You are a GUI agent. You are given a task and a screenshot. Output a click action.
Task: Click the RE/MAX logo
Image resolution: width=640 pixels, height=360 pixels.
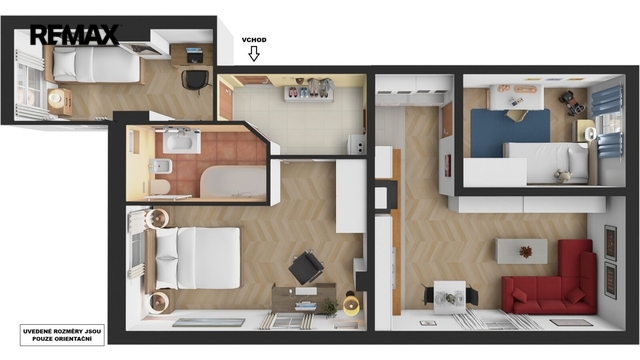pos(74,35)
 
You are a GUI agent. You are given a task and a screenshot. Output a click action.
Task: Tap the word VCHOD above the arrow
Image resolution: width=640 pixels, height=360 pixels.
pos(254,40)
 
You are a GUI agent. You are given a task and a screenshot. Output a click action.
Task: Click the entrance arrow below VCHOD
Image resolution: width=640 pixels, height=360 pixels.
pos(254,53)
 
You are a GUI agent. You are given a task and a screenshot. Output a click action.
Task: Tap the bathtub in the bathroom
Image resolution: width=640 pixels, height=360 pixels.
pos(233,182)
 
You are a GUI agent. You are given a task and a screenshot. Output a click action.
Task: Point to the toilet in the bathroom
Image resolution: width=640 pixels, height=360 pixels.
pos(160,187)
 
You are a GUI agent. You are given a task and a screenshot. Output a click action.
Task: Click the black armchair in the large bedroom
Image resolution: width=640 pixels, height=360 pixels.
pos(306,267)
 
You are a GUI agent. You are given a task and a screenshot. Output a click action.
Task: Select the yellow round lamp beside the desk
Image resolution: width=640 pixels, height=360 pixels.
pos(351,304)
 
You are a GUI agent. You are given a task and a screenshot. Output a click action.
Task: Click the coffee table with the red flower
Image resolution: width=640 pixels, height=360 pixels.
pos(521,251)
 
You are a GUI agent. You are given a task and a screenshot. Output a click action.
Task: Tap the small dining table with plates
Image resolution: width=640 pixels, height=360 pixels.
pos(449,297)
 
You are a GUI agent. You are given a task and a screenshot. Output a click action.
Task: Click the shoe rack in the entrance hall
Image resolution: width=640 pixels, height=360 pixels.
pos(309,94)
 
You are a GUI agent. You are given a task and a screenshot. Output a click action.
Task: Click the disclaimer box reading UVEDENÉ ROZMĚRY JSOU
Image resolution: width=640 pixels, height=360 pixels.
pos(62,335)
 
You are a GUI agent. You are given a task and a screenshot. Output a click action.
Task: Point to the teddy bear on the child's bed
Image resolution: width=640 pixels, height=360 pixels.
pos(563,176)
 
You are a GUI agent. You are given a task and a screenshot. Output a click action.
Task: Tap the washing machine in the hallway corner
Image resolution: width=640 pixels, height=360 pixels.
pos(357,144)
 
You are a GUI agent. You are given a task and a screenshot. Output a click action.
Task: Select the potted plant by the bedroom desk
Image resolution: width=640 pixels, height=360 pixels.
pos(330,307)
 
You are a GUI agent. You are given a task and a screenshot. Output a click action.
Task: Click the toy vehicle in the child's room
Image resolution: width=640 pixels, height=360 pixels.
pos(572,102)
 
